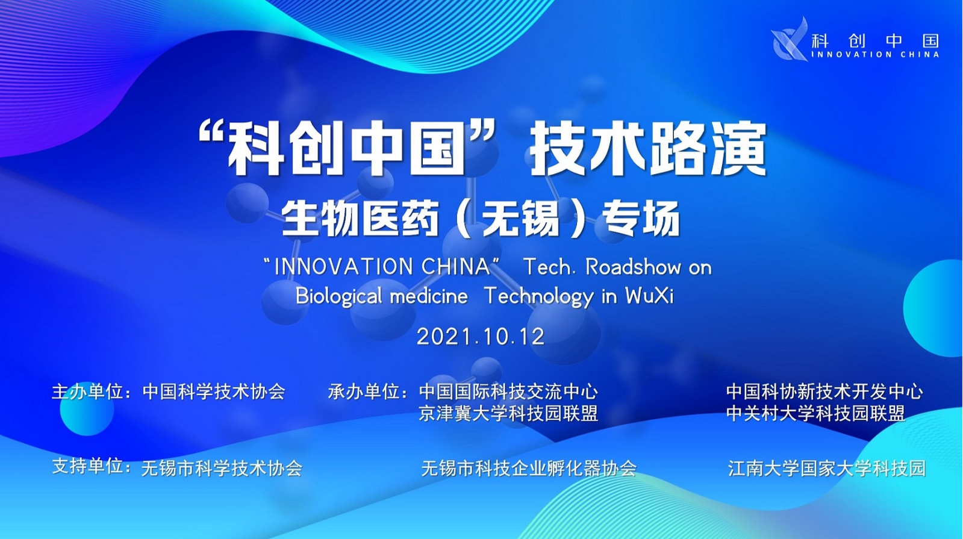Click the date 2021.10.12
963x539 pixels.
click(481, 337)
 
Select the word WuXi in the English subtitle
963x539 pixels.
click(649, 296)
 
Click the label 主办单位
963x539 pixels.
click(88, 392)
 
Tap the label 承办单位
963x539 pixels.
click(364, 392)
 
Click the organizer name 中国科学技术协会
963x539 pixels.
click(214, 392)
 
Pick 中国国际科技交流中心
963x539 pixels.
click(508, 392)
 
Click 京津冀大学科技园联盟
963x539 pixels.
click(508, 414)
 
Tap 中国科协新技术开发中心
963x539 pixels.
click(824, 391)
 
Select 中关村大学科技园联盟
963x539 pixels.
click(816, 414)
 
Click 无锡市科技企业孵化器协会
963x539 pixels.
click(529, 468)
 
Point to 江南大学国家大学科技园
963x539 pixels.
click(827, 468)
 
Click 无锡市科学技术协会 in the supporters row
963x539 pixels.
click(222, 468)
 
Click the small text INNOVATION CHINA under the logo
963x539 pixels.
click(875, 55)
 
